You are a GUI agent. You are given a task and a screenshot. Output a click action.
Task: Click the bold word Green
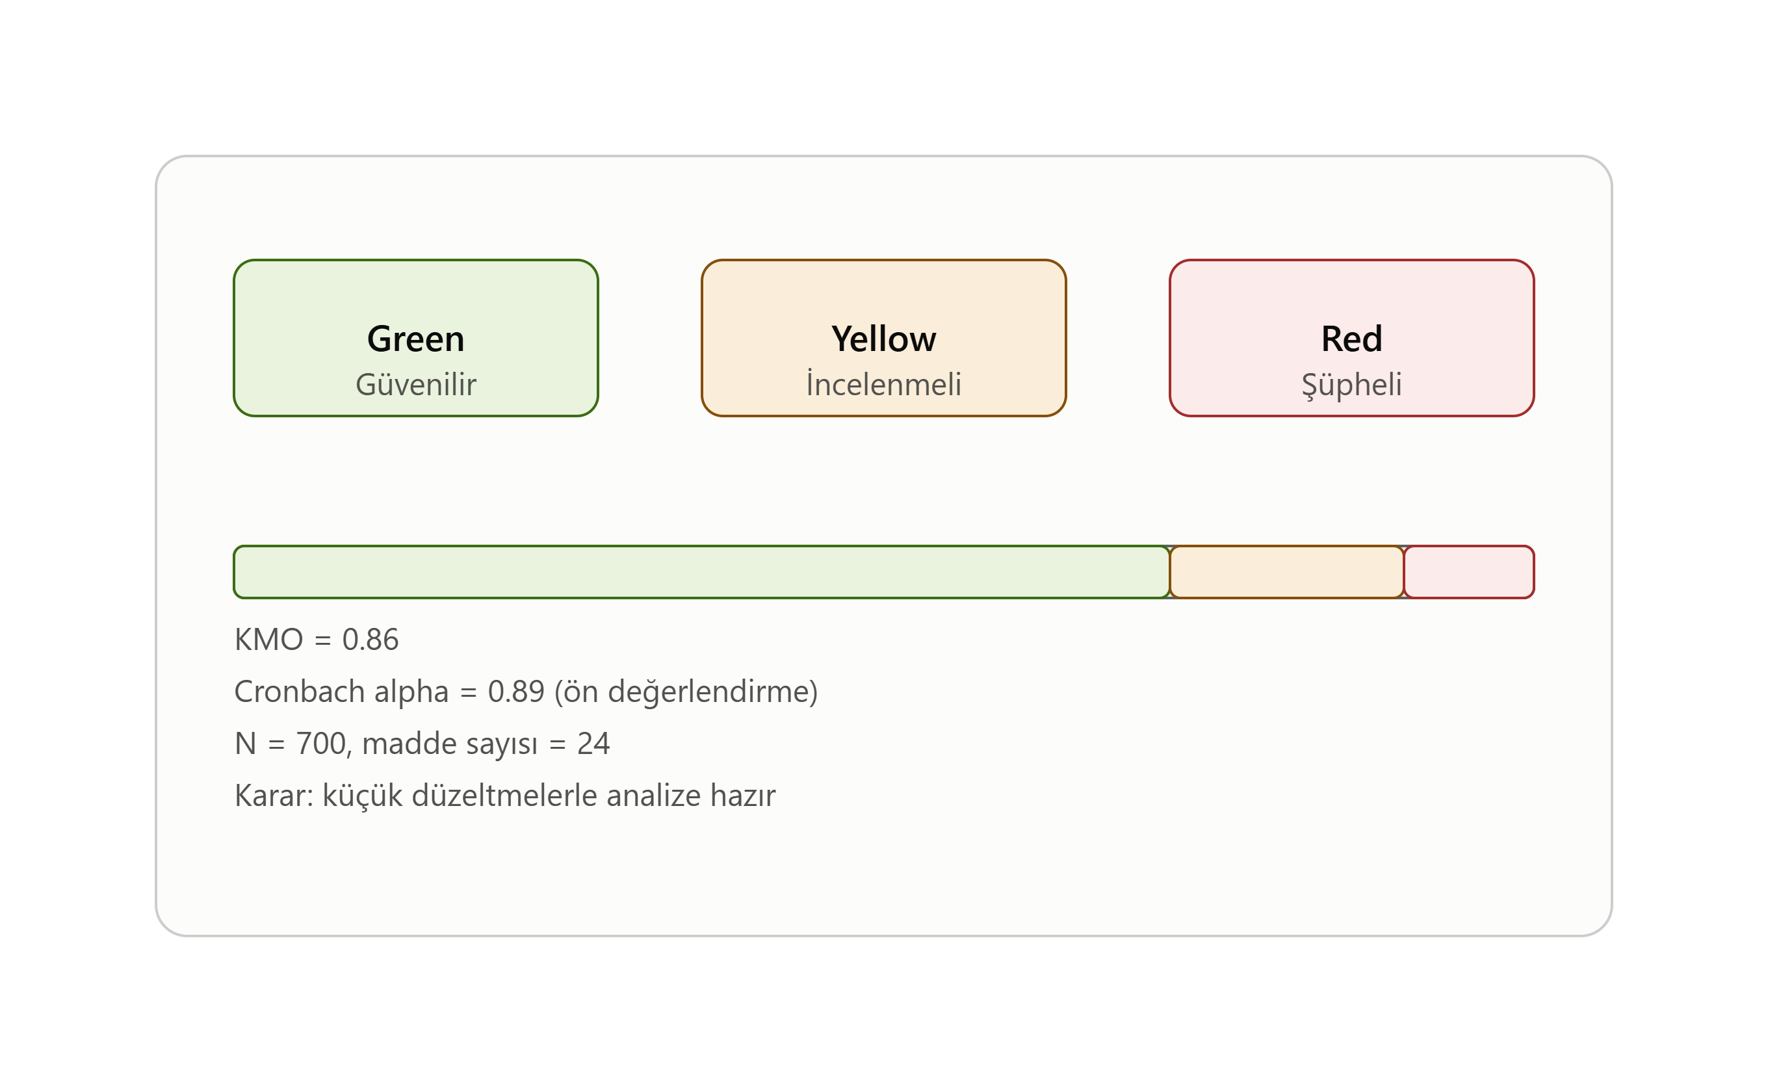(x=415, y=339)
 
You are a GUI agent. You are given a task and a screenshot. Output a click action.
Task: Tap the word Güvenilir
(x=415, y=384)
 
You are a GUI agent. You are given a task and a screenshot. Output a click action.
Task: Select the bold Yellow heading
(x=883, y=339)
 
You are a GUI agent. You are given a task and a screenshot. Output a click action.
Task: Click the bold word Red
(x=1351, y=339)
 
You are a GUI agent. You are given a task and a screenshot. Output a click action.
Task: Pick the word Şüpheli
(x=1351, y=385)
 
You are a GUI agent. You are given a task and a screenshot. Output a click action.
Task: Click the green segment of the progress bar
(x=701, y=572)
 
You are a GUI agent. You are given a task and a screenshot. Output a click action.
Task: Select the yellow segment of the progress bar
(x=1286, y=572)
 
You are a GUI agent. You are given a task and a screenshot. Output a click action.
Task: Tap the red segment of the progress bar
(x=1469, y=572)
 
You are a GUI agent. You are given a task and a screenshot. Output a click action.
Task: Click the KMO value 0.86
(x=370, y=639)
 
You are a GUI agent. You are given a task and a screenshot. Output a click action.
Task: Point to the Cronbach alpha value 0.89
(x=515, y=691)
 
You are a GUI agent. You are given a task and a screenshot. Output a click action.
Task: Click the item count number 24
(x=593, y=743)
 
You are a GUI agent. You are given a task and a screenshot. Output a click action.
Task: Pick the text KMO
(x=268, y=639)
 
